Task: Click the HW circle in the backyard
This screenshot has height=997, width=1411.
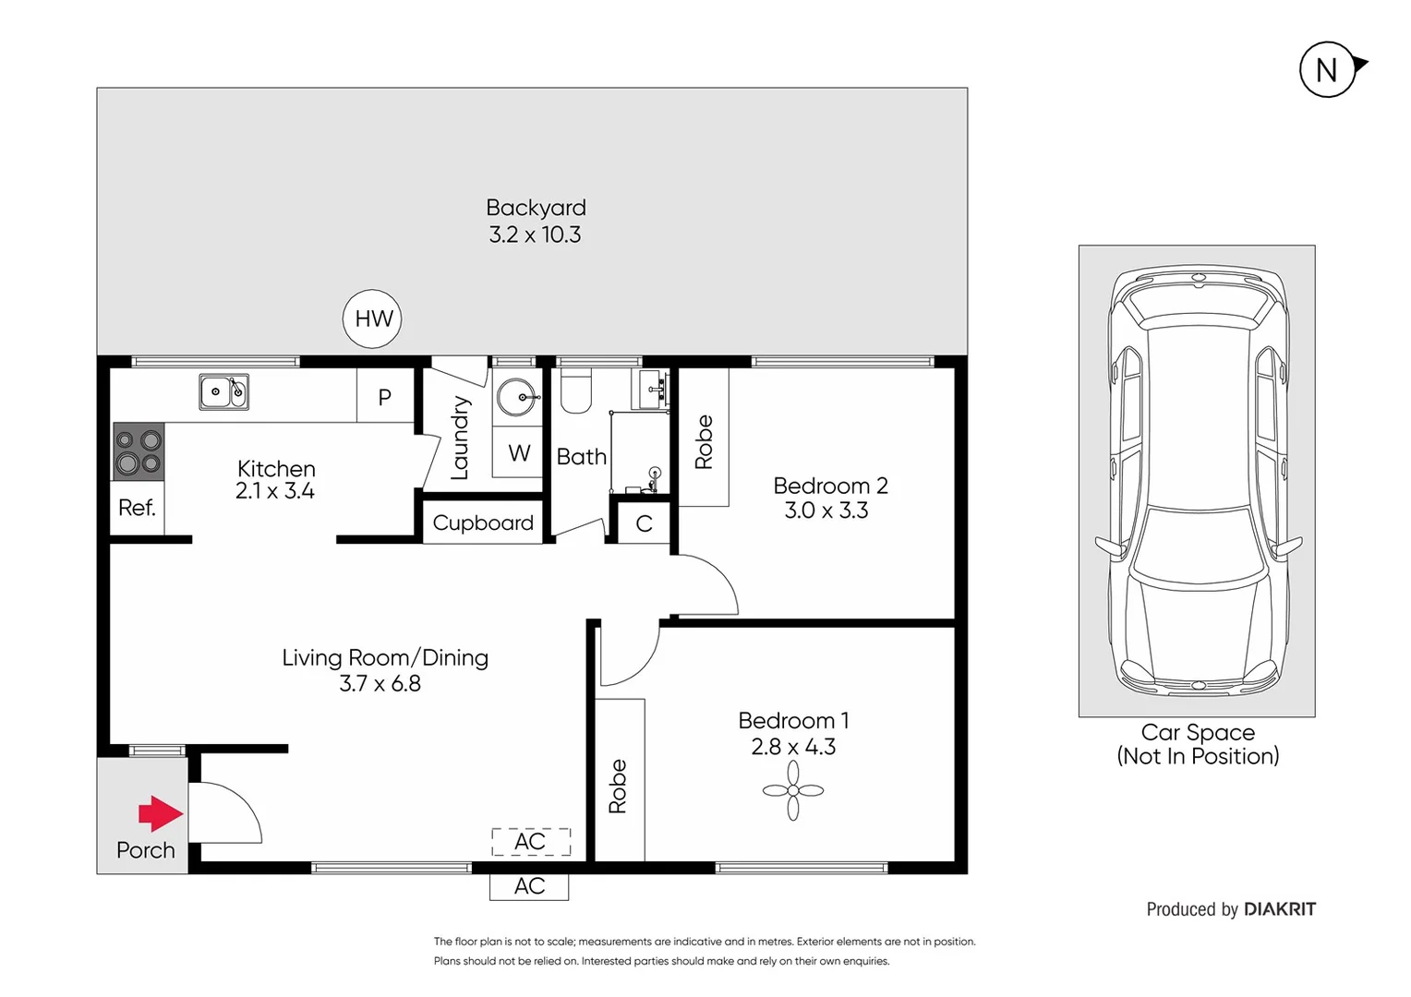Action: click(373, 319)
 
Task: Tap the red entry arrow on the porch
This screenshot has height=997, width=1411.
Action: click(160, 813)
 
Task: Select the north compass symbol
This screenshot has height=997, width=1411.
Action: click(1328, 69)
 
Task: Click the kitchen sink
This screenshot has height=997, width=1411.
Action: click(223, 391)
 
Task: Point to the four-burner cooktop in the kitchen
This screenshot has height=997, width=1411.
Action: click(139, 451)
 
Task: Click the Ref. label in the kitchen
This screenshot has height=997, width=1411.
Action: click(137, 508)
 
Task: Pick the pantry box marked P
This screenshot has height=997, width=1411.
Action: click(385, 397)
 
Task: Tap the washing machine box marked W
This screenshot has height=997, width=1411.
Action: click(518, 453)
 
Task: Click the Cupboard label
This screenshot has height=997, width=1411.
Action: click(483, 523)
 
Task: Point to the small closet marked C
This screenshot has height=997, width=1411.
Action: click(644, 524)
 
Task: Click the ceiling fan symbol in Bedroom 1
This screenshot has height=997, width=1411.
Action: click(793, 791)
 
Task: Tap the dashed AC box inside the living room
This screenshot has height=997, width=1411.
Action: click(530, 842)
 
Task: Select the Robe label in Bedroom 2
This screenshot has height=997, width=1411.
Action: click(704, 442)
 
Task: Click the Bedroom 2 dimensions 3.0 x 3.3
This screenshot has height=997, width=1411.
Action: click(826, 511)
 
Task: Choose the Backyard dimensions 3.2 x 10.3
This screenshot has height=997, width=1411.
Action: click(535, 235)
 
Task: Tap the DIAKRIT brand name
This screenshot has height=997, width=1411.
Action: click(1279, 909)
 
